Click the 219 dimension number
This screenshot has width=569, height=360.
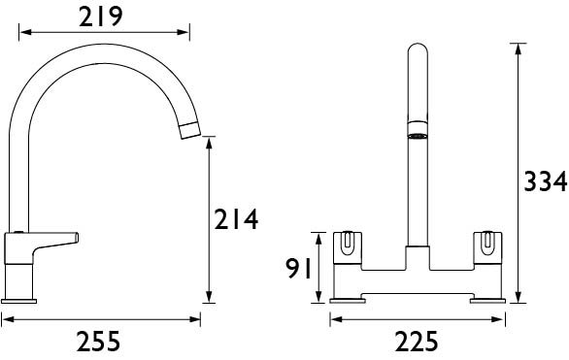(x=101, y=17)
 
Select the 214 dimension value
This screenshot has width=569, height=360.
(x=236, y=219)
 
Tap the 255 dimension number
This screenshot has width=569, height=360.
(x=98, y=342)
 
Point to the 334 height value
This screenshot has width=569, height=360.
(x=546, y=181)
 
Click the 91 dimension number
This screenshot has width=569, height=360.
(x=299, y=269)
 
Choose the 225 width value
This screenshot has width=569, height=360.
(x=417, y=342)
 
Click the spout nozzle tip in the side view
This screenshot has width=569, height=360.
(x=190, y=131)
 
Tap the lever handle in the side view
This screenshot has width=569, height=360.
(x=41, y=246)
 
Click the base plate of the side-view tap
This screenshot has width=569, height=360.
(x=18, y=301)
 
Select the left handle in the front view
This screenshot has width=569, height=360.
(x=348, y=247)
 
